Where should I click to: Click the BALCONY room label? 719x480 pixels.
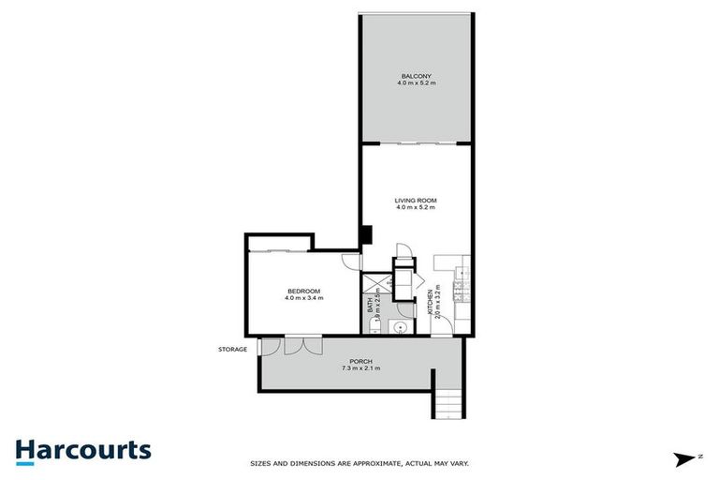pos(417,76)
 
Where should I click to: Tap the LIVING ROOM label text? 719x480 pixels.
pos(417,201)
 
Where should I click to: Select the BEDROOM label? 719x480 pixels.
pos(303,291)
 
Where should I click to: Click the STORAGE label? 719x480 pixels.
pos(233,350)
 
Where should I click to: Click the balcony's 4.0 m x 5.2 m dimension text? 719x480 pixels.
pos(417,84)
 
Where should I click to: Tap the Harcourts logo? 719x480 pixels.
pos(82,450)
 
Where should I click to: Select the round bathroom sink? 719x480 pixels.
pos(398,326)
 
